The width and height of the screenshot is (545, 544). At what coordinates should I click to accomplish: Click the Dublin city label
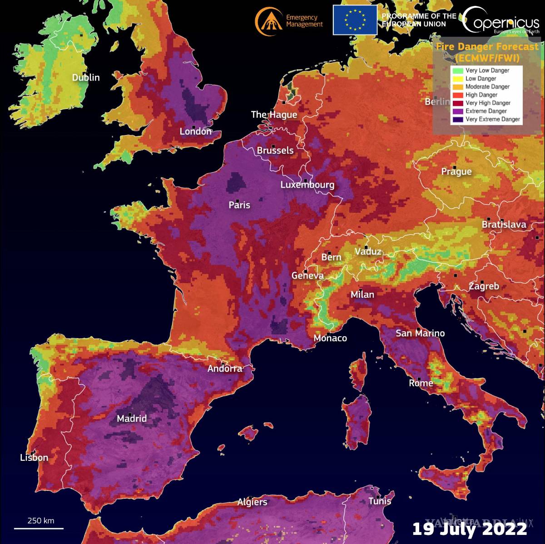[x=86, y=78]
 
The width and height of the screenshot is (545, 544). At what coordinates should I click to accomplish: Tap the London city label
[x=195, y=132]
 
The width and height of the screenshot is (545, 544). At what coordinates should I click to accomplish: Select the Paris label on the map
[x=239, y=205]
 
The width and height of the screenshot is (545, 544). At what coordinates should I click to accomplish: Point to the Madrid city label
[x=132, y=419]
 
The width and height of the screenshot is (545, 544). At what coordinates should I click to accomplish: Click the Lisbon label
[x=34, y=458]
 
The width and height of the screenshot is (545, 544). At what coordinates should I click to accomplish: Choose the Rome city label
[x=421, y=383]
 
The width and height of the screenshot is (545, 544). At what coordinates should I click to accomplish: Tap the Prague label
[x=456, y=172]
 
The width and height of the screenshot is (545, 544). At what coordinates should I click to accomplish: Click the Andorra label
[x=225, y=369]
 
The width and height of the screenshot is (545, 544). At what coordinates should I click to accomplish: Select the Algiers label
[x=252, y=502]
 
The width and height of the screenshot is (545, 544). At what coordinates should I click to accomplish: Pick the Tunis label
[x=380, y=501]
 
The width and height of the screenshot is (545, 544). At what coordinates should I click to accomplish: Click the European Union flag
[x=355, y=20]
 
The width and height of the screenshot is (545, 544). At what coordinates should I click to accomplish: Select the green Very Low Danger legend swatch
[x=457, y=70]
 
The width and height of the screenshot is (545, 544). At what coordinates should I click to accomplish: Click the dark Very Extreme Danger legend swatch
[x=457, y=119]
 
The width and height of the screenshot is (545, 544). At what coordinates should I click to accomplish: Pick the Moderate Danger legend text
[x=487, y=87]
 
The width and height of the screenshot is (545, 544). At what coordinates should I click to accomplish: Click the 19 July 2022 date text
[x=470, y=529]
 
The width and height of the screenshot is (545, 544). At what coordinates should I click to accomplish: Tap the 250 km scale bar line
[x=39, y=528]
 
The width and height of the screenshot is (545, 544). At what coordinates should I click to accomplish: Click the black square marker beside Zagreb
[x=482, y=282]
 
